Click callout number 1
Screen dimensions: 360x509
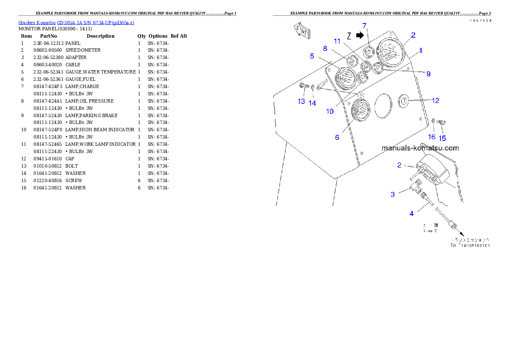coord(420,50)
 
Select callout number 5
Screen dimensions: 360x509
coord(312,56)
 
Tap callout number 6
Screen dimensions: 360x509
coord(337,137)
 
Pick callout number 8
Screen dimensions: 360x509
coord(325,48)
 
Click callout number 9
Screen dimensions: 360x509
coord(428,74)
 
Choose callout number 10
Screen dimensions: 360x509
coord(330,111)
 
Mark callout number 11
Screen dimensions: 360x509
coord(337,41)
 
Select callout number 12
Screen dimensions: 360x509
coord(435,100)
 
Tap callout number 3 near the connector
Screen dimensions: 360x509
coord(392,194)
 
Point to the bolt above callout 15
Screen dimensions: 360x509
coord(442,123)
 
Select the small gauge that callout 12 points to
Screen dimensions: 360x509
coord(403,101)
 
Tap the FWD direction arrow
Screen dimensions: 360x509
coord(302,31)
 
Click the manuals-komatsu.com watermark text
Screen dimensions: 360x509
coord(420,148)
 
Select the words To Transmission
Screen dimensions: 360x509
coord(470,245)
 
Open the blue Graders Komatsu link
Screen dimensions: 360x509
coord(76,23)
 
